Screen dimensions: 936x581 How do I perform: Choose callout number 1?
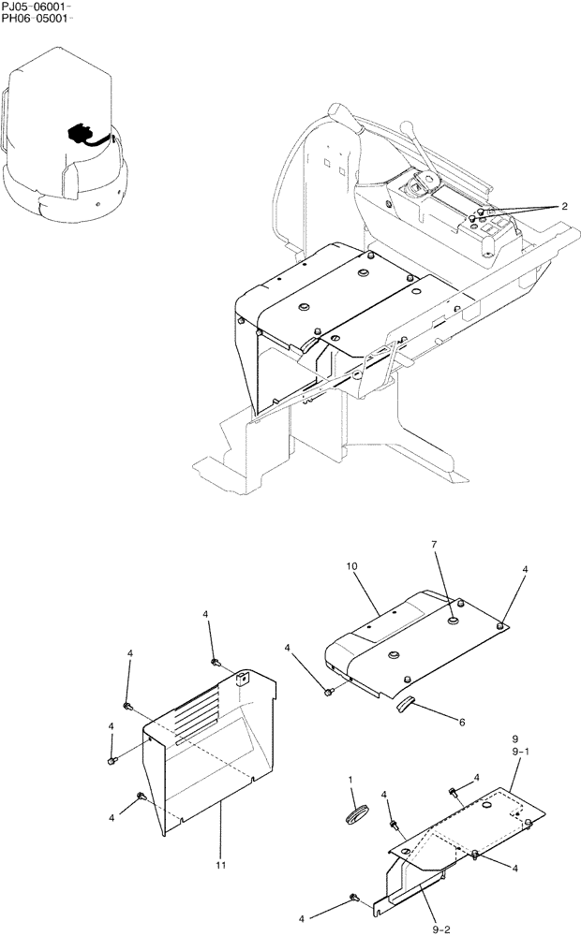point(350,780)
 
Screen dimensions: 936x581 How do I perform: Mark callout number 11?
point(221,867)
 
